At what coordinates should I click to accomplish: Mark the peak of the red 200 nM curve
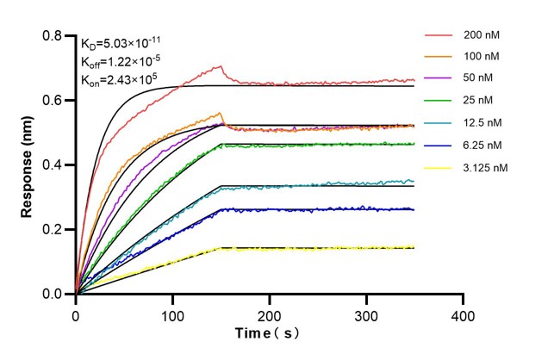click(x=221, y=65)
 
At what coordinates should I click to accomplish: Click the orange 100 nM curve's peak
click(x=221, y=113)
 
